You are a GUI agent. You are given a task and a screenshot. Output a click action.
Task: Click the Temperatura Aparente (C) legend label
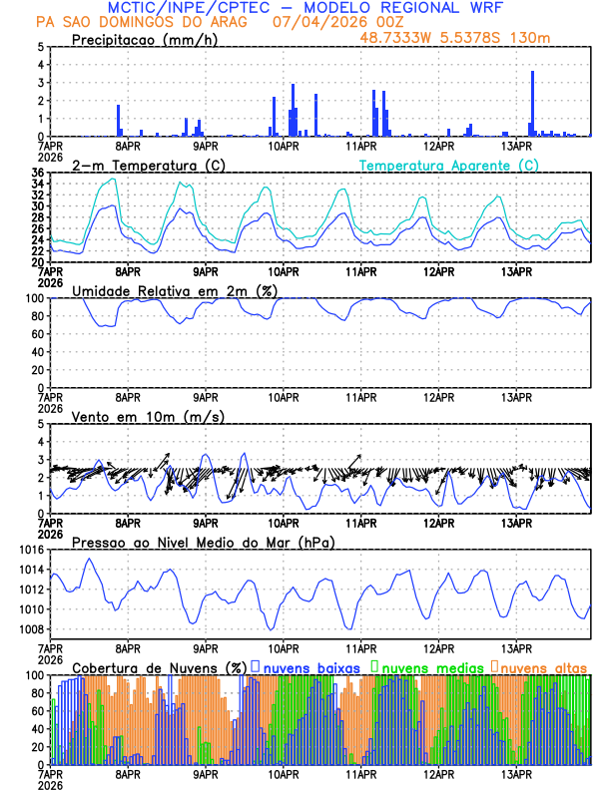coord(448,165)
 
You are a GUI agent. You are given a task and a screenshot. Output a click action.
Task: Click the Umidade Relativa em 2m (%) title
coord(175,290)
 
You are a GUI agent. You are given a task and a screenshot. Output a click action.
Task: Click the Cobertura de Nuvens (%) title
coord(158,667)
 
